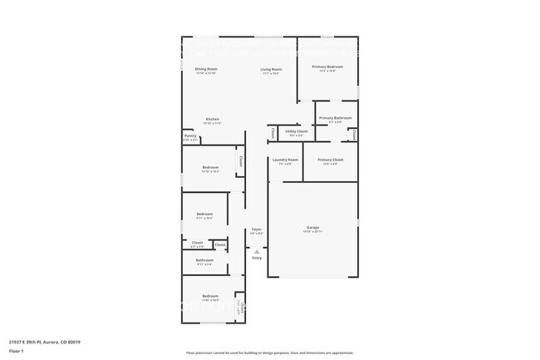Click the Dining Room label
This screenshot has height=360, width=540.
206,69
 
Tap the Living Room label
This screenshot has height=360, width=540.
271,69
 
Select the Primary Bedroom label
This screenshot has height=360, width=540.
327,67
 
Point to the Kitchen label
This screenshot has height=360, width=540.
213,119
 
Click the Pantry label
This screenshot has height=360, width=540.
190,136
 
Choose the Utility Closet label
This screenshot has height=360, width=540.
297,131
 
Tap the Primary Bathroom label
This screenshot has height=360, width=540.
335,118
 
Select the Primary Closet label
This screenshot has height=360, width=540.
330,159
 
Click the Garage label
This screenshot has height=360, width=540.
313,227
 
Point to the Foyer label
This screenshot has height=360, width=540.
257,229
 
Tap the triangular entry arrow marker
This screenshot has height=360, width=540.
257,250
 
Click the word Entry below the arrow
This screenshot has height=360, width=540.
257,258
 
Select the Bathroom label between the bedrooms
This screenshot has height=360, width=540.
204,260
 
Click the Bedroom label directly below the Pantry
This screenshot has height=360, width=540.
209,167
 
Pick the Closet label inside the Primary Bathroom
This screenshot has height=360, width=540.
354,133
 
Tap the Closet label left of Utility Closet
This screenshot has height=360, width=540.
272,132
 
